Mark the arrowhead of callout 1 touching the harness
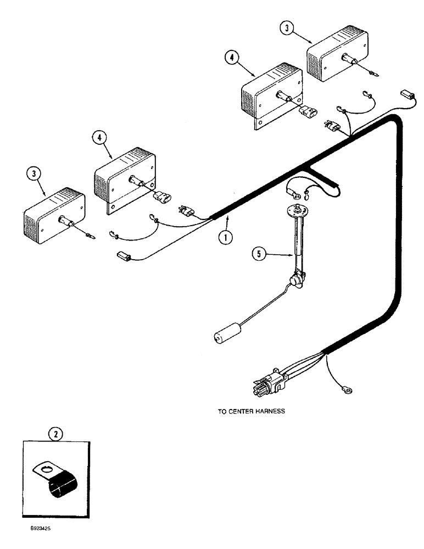coord(226,219)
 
